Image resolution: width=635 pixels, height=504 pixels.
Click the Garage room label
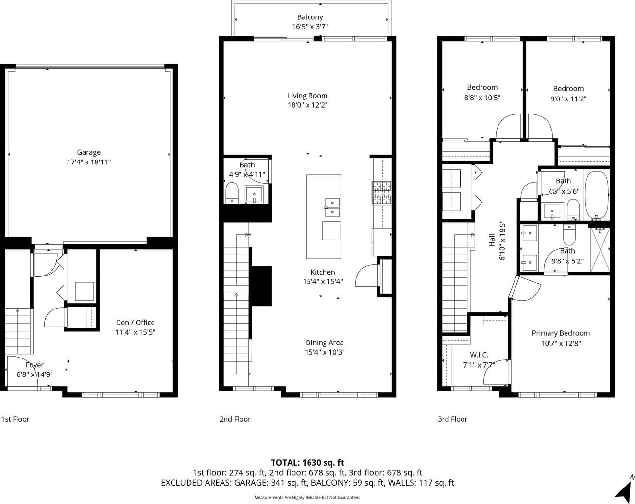coord(89,152)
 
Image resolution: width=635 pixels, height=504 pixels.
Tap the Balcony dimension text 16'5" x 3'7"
coord(310,27)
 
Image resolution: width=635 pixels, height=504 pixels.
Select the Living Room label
coord(308,96)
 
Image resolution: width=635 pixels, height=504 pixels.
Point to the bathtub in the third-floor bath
coord(597,195)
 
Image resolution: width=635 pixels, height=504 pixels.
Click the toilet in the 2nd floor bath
coord(232,193)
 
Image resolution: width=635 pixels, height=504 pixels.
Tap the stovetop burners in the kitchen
coord(381,193)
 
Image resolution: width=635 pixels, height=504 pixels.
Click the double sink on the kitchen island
coord(332,207)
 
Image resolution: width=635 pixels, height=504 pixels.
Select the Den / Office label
coord(135,322)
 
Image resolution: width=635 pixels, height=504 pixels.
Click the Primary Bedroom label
coord(561,333)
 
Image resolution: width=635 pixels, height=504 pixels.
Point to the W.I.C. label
coord(479,355)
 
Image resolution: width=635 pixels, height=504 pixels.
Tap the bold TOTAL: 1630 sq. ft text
coord(308,462)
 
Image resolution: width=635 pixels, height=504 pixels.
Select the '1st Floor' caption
coord(16,419)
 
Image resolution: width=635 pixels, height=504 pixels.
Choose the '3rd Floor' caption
coord(453,419)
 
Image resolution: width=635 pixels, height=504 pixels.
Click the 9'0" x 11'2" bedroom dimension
coord(568,98)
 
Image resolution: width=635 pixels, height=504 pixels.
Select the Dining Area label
coord(325,342)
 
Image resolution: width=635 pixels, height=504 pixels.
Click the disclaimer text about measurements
coord(308,497)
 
